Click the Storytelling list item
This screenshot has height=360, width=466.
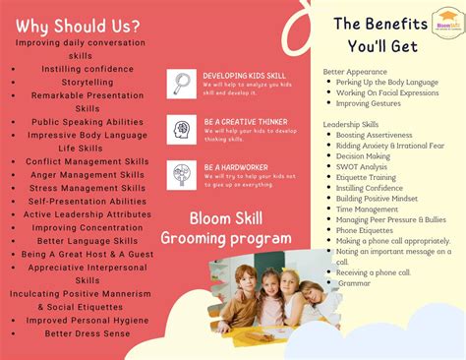[x=87, y=83]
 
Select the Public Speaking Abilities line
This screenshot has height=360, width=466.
[x=87, y=121]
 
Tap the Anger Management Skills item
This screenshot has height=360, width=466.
[x=87, y=174]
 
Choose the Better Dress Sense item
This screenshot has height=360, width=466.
[x=87, y=333]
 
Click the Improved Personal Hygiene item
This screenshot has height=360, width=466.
[x=87, y=320]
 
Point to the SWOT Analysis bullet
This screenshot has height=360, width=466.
[x=362, y=166]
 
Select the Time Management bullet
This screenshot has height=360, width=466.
[x=366, y=210]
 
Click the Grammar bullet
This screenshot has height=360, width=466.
[x=354, y=282]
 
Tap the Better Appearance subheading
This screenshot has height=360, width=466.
[x=355, y=71]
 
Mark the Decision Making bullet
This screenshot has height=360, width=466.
[x=363, y=155]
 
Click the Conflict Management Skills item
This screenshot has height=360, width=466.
[x=87, y=161]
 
